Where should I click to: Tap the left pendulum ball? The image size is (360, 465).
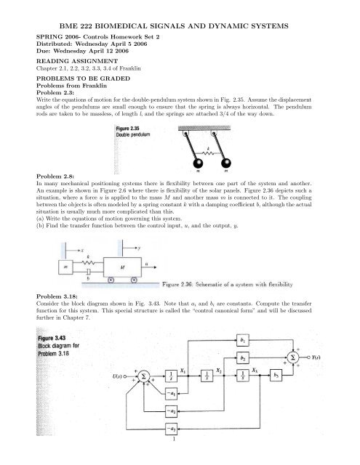coord(198,164)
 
